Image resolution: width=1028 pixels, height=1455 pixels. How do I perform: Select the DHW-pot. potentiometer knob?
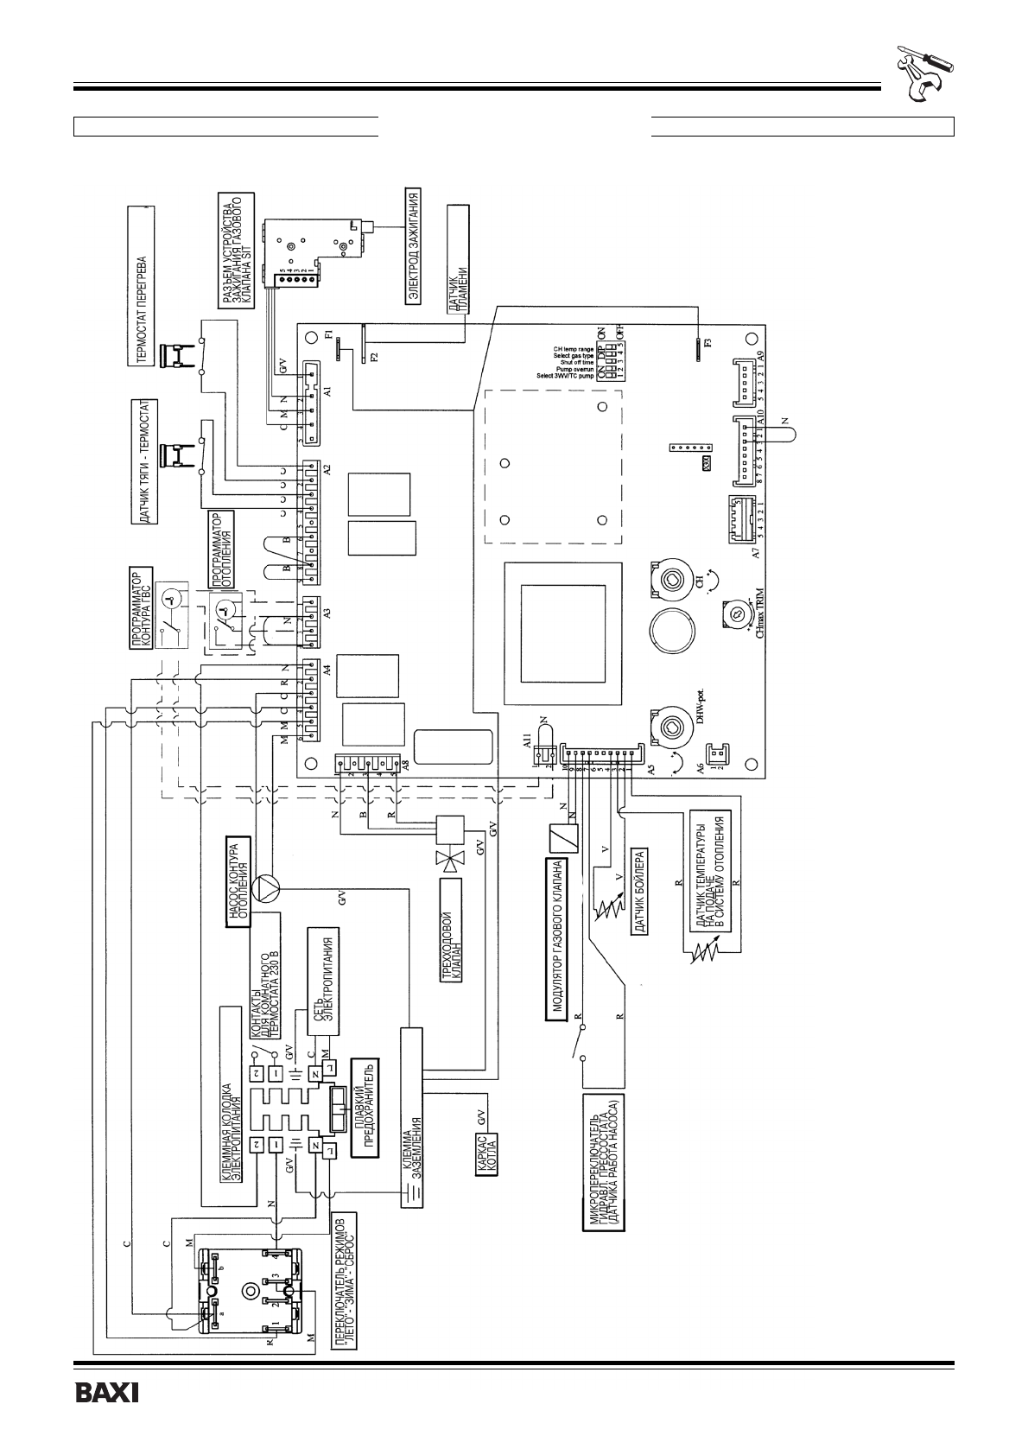(x=670, y=727)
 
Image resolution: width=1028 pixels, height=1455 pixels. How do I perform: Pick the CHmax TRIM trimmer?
(x=735, y=613)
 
